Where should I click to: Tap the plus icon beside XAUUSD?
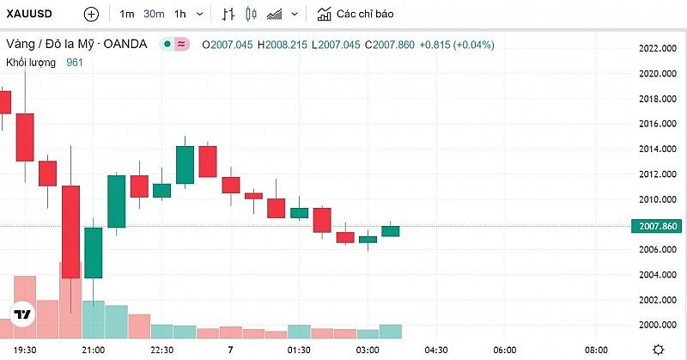92,15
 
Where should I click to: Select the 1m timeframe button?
127,15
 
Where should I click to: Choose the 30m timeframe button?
154,15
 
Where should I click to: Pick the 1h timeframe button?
179,15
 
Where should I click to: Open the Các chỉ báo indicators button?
356,15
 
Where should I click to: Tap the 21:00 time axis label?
93,350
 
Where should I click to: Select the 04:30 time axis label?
437,350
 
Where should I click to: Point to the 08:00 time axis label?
596,350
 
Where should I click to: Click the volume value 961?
75,62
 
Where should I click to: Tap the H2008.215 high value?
283,45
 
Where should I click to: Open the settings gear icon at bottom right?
657,349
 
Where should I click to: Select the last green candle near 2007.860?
391,230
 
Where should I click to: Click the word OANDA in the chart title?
125,44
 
